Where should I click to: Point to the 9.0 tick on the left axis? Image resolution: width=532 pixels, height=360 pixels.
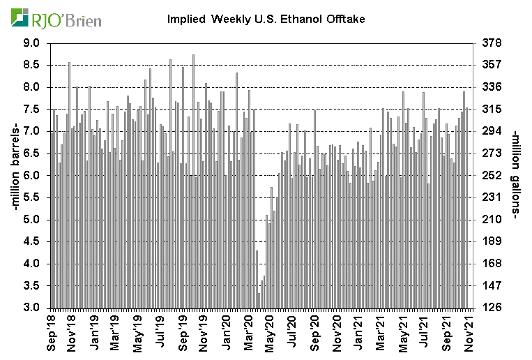pos(31,43)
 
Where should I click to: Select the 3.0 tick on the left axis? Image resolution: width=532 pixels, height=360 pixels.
pos(31,308)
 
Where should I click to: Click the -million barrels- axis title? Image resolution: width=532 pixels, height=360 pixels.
pos(12,174)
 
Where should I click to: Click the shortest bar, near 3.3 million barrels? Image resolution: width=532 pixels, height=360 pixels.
pos(259,301)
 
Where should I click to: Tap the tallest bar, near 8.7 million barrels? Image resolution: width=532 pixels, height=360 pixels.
pos(193,181)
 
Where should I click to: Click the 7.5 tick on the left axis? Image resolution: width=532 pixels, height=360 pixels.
pos(31,110)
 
